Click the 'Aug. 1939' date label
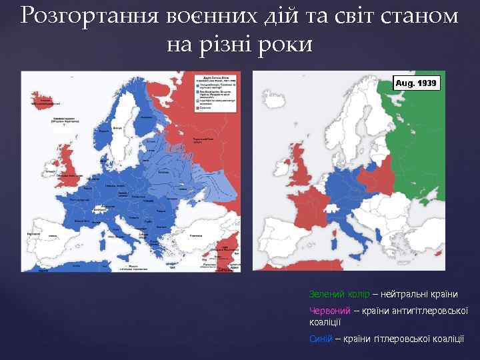pyautogui.click(x=417, y=83)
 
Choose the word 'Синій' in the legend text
pyautogui.click(x=320, y=339)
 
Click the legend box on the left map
pyautogui.click(x=215, y=91)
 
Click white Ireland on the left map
pyautogui.click(x=50, y=168)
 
